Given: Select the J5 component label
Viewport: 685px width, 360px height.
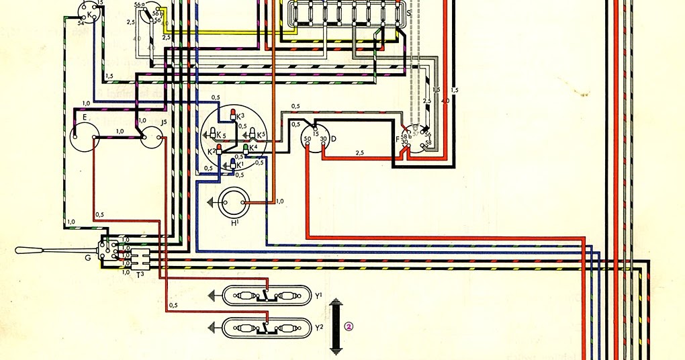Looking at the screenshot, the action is (x=165, y=122).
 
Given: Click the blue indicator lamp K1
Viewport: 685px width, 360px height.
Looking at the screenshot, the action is (x=233, y=165).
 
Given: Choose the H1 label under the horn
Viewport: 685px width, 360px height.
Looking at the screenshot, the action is (x=235, y=222).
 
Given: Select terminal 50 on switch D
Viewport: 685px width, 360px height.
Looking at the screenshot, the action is (x=307, y=138).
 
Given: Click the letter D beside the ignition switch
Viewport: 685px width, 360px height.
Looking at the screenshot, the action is (x=333, y=138).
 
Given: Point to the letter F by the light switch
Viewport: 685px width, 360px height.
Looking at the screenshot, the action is (x=398, y=139).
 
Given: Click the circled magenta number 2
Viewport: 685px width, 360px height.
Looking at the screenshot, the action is (x=349, y=327).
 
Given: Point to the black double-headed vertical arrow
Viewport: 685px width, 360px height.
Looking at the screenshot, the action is (x=336, y=326).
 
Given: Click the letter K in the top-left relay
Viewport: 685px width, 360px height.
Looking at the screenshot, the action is (x=89, y=13).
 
